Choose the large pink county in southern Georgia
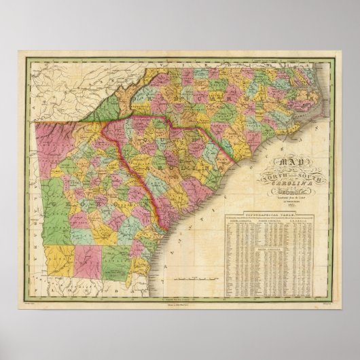pyautogui.click(x=88, y=262)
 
